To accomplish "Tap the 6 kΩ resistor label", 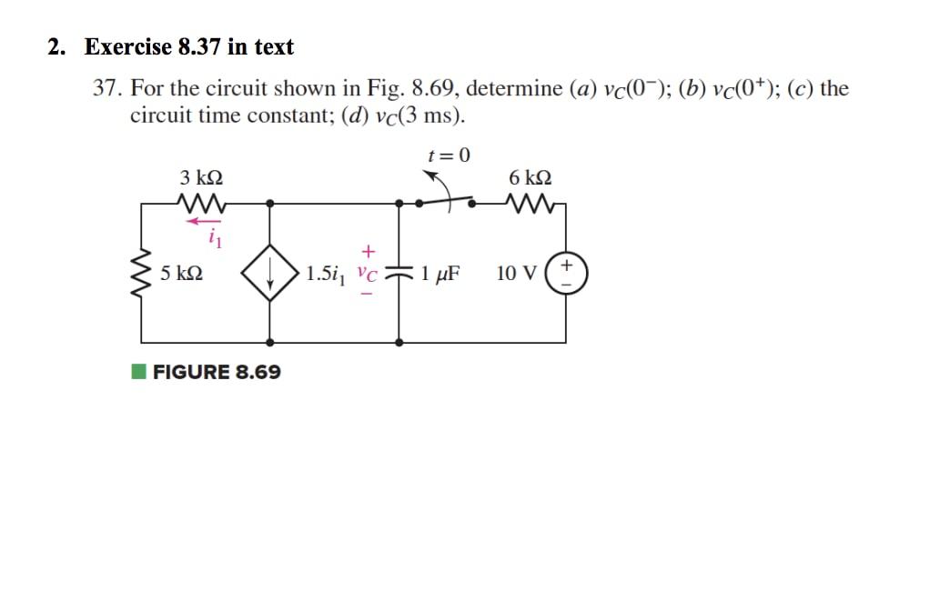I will (x=531, y=177).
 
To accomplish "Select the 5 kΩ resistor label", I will (x=180, y=272).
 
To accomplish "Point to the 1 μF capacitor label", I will (x=440, y=272).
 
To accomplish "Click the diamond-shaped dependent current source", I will (x=270, y=273).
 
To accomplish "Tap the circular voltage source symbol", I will (x=566, y=273).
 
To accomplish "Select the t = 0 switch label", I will (x=449, y=155).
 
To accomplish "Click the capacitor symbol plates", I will (x=399, y=273).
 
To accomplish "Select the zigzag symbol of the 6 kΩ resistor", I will (x=531, y=203).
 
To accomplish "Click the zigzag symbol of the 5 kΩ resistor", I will (x=142, y=273).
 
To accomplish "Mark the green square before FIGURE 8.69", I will (x=137, y=371).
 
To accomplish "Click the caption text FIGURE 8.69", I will (x=217, y=372).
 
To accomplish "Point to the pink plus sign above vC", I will (x=368, y=249).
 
